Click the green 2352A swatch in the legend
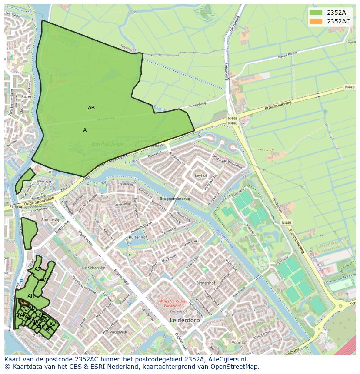click(316, 13)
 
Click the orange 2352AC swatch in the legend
click(316, 21)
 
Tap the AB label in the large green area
click(91, 108)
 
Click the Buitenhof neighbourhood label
click(138, 238)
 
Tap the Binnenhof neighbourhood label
click(206, 283)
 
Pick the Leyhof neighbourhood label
click(201, 176)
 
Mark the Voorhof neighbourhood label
click(239, 342)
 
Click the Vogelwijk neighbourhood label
click(118, 332)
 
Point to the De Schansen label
click(93, 268)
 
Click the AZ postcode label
click(38, 269)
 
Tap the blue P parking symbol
click(21, 281)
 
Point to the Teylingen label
click(129, 48)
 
